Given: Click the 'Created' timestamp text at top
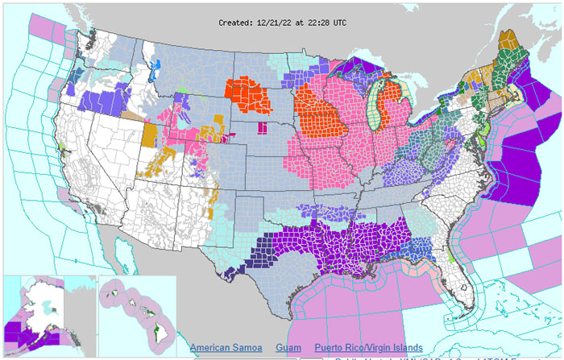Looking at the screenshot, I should [x=281, y=23].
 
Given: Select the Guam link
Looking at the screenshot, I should [x=288, y=347].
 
